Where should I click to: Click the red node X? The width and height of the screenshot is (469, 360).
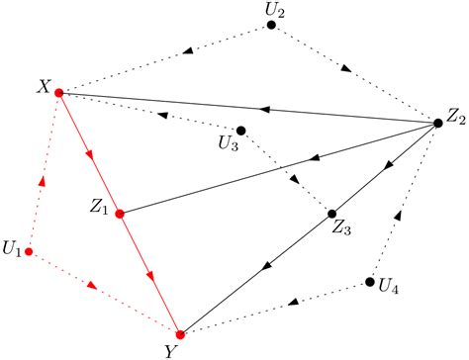tap(59, 93)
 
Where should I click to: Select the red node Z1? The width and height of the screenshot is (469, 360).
tap(120, 214)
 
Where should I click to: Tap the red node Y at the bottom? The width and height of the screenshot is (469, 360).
tap(180, 334)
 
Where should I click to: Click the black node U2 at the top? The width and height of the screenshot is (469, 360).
tap(271, 25)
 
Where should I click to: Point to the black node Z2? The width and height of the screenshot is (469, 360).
tap(438, 123)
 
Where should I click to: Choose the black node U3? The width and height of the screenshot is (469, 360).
tap(241, 131)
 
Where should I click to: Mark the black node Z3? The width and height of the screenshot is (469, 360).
tap(332, 214)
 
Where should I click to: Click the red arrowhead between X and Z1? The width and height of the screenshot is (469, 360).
tap(89, 153)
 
